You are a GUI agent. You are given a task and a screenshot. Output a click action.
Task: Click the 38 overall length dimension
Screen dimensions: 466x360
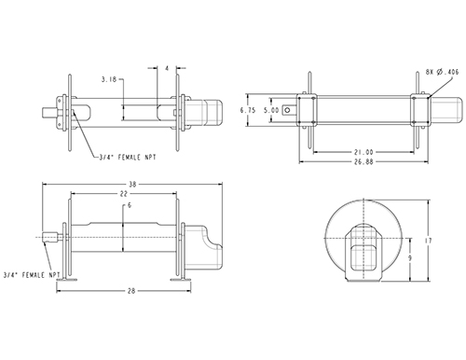coord(132,185)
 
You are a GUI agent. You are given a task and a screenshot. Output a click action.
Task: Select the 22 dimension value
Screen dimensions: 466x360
coord(124,194)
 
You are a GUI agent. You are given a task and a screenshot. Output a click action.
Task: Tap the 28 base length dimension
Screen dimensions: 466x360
coord(131,291)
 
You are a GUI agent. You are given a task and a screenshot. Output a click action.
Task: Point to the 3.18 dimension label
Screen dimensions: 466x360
coord(109,79)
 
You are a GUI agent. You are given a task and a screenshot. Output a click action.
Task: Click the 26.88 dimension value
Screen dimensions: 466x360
coord(363,161)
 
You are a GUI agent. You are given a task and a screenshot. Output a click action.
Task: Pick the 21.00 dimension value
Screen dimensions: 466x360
coord(363,152)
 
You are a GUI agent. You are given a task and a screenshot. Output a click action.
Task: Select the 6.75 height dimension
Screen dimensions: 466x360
coord(248,110)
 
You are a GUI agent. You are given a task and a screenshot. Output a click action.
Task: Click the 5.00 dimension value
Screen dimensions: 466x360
coord(271,110)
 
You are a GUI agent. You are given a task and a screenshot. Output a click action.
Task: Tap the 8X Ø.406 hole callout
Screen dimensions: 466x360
coord(442,72)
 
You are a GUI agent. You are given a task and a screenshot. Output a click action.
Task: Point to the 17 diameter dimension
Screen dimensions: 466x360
coord(429,241)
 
